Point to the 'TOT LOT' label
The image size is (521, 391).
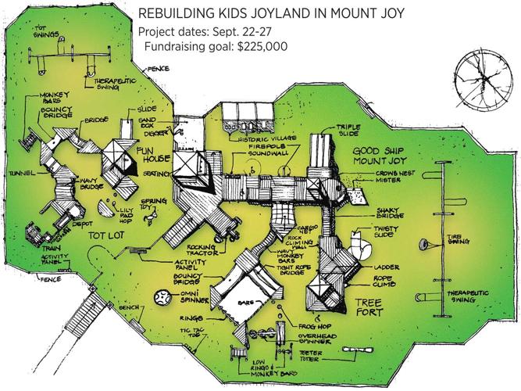(107, 233)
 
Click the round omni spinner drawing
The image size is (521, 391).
(162, 299)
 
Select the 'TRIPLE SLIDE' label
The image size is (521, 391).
(347, 130)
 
